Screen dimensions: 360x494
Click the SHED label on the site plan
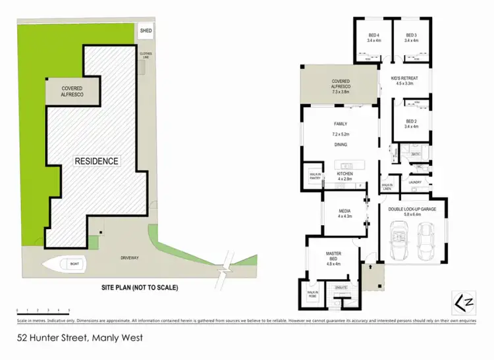coord(146,30)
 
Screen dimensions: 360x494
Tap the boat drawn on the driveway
coord(65,264)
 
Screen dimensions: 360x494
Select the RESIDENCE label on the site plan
coord(96,161)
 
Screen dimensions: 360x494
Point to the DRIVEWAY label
coord(129,257)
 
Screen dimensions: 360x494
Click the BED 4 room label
coord(373,35)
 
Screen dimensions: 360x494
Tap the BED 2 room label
coord(412,123)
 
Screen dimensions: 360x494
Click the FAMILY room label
coord(340,123)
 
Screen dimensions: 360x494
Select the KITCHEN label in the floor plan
coord(344,174)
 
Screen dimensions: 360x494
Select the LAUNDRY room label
coord(414,182)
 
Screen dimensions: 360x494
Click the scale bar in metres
coord(43,309)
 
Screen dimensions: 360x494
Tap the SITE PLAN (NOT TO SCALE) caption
coord(139,288)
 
